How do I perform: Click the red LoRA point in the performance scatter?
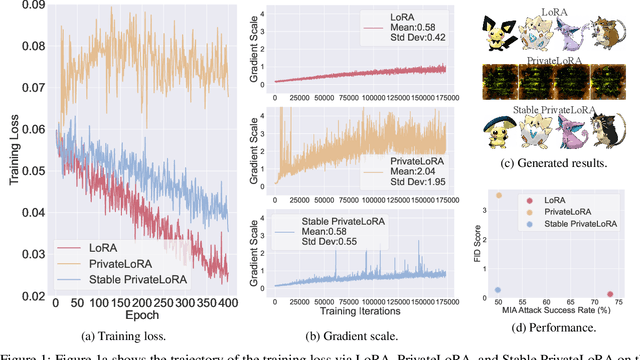point(611,295)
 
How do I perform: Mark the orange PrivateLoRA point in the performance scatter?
point(499,196)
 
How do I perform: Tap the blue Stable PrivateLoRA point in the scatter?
point(498,290)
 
